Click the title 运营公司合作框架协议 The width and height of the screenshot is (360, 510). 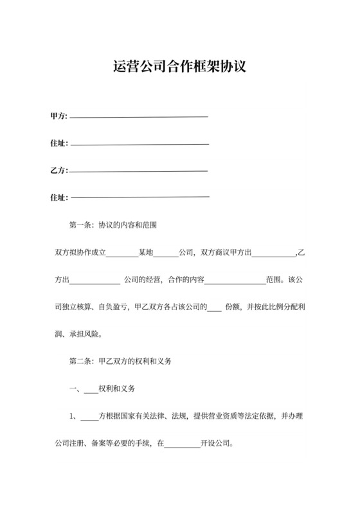[179, 67]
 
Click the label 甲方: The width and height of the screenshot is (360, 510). [59, 116]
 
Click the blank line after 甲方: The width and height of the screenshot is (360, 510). [139, 117]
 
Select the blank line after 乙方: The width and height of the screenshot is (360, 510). [138, 171]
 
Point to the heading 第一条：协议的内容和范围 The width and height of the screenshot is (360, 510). [114, 226]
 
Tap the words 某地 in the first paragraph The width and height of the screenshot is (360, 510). [146, 253]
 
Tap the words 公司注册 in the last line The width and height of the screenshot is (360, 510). [66, 444]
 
